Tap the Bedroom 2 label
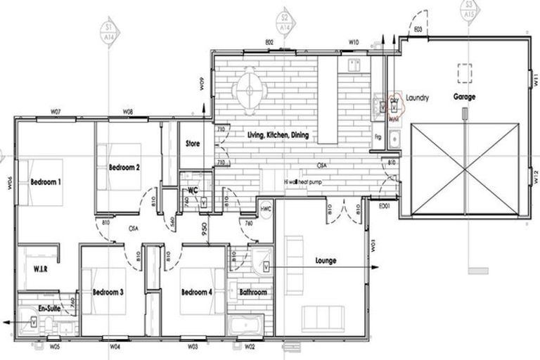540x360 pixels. coord(124,167)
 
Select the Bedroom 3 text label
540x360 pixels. coord(108,292)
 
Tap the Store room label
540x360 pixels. coord(193,143)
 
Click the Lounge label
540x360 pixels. coord(326,260)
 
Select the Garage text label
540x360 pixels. coord(464,97)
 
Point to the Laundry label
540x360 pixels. coord(416,98)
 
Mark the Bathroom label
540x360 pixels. coord(252,292)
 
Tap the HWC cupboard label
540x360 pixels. coord(265,210)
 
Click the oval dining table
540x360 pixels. coord(250,89)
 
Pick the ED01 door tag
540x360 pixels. coord(385,206)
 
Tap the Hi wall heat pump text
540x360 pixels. coord(307,181)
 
